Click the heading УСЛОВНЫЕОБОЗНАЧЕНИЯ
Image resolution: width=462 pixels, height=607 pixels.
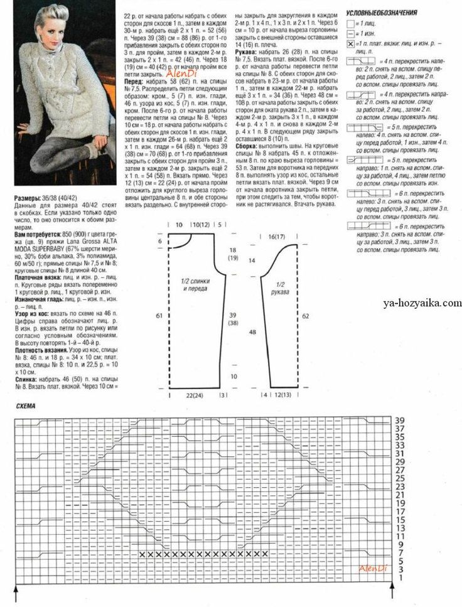coord(382,12)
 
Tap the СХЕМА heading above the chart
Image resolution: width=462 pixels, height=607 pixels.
coord(27,406)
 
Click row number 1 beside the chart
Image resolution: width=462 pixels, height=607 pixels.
coord(400,577)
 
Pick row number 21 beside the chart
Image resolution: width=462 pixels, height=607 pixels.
coord(399,495)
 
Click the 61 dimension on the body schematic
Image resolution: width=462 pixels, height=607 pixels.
coord(159,316)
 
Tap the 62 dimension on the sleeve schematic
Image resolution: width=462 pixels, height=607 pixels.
coord(305,316)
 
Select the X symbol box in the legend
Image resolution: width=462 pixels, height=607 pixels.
coord(350,45)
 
